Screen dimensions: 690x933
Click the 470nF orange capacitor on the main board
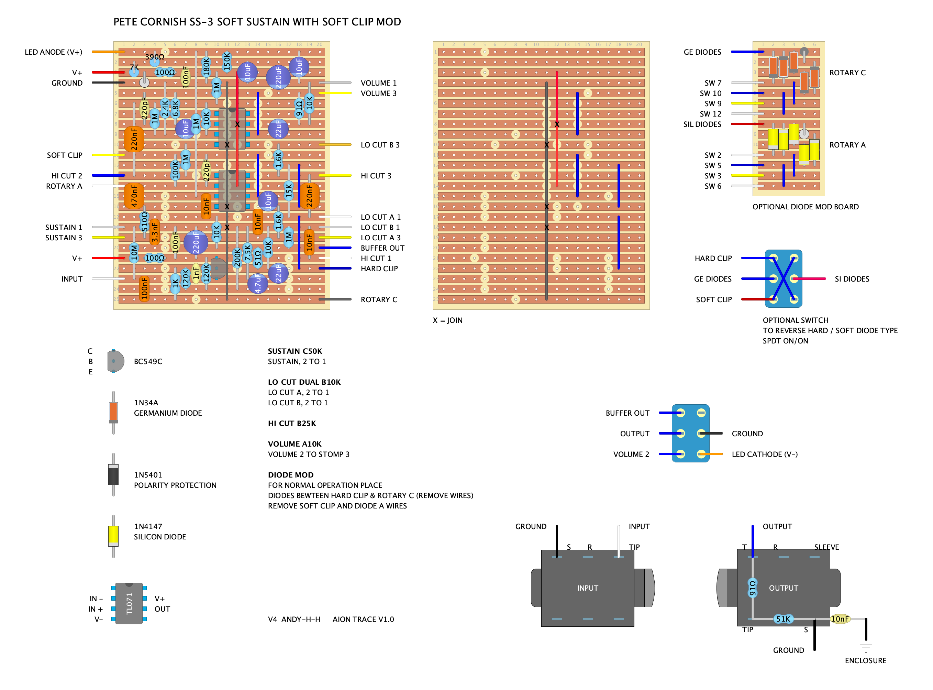pos(134,196)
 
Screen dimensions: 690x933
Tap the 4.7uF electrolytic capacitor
pos(258,284)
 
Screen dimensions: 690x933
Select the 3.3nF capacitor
pos(154,232)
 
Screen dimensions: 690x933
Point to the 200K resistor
pos(237,258)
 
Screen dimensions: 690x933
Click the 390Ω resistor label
pos(154,57)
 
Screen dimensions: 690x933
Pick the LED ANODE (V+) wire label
pos(53,52)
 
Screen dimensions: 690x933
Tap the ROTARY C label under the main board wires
pos(379,299)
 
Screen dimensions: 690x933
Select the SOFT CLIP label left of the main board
pos(65,155)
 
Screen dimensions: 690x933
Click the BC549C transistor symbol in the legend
pos(115,361)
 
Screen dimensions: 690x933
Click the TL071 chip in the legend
pos(129,604)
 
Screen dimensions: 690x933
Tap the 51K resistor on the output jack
pos(783,619)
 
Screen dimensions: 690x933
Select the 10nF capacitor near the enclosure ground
pos(840,619)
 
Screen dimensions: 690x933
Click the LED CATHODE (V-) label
pos(764,454)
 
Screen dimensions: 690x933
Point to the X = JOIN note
pos(447,320)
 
